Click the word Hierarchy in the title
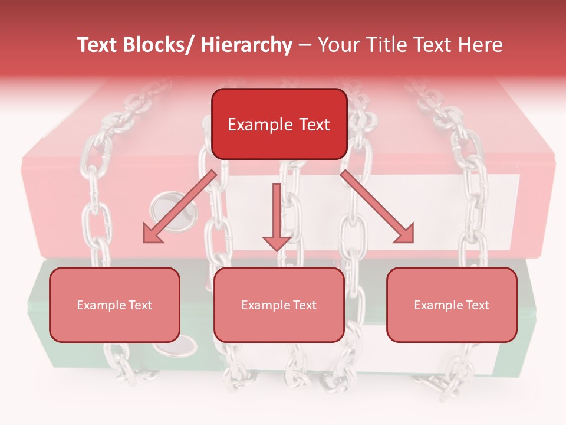[x=246, y=45]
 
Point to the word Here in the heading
[x=480, y=45]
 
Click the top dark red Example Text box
[x=279, y=124]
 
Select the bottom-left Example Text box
[x=114, y=305]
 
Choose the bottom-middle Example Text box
[x=279, y=305]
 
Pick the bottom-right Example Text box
[x=452, y=305]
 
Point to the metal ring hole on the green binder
[x=184, y=345]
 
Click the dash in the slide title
[x=305, y=45]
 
